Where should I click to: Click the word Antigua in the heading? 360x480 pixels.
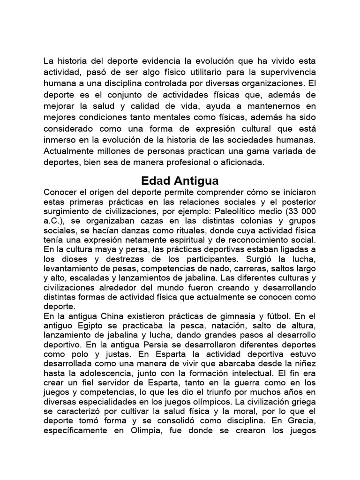(x=197, y=181)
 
